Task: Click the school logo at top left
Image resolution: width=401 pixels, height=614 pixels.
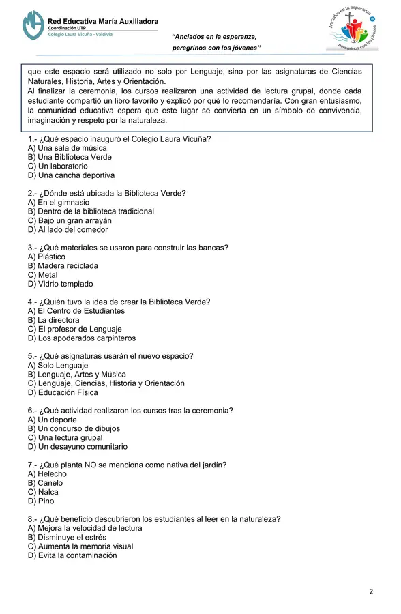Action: pyautogui.click(x=32, y=25)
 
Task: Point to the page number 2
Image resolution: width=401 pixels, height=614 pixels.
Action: pyautogui.click(x=371, y=591)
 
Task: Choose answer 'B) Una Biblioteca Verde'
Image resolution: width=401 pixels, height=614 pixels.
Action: pyautogui.click(x=70, y=157)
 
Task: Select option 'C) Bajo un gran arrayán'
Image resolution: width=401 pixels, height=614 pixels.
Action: pyautogui.click(x=70, y=220)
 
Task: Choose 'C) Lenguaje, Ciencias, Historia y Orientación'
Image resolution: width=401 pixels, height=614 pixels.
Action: pyautogui.click(x=106, y=383)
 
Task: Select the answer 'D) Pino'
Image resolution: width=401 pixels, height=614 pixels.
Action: pyautogui.click(x=41, y=501)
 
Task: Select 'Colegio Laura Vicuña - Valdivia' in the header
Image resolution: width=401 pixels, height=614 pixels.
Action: pyautogui.click(x=80, y=34)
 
